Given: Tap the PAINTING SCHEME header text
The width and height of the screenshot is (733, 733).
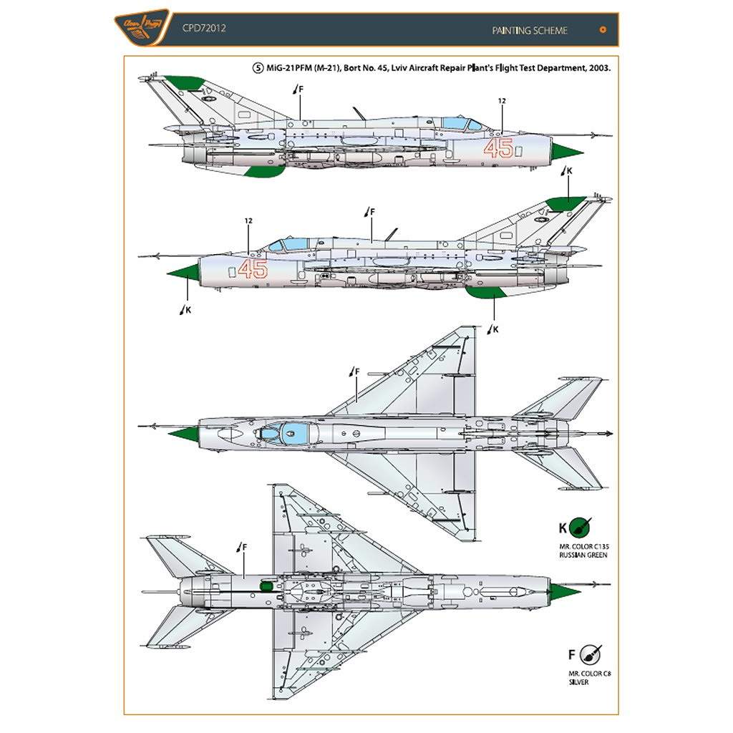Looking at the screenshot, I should click(x=530, y=30).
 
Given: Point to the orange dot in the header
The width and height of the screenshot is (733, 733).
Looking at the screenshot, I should click(x=603, y=30).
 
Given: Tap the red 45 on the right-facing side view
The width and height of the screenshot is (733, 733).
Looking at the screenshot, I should click(x=498, y=148).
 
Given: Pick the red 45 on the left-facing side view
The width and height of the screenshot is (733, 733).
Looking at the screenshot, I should click(x=252, y=269).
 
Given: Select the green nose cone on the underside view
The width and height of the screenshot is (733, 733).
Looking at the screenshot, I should click(x=564, y=592).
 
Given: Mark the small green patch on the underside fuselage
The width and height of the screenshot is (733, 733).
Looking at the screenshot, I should click(x=266, y=586).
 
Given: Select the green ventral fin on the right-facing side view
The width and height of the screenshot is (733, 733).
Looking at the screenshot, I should click(x=265, y=170).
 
